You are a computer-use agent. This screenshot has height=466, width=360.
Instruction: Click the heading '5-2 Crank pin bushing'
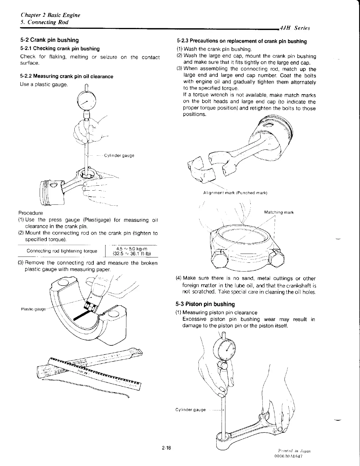[50, 40]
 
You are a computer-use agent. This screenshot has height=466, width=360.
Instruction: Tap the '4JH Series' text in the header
[295, 28]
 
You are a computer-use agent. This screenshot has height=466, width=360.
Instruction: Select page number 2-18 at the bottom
[166, 448]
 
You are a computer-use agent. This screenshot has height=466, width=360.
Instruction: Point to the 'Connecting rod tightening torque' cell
[62, 251]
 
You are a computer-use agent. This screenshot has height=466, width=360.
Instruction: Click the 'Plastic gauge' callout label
[34, 309]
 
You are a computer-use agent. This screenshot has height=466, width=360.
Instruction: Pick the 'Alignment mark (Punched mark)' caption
[235, 193]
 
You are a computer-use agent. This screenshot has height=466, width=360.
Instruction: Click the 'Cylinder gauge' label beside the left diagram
[119, 155]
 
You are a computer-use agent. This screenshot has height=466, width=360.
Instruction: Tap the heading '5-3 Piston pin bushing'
[205, 304]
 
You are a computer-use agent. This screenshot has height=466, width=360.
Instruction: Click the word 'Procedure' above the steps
[31, 213]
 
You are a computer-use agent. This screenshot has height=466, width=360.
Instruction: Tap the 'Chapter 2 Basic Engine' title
[50, 15]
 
